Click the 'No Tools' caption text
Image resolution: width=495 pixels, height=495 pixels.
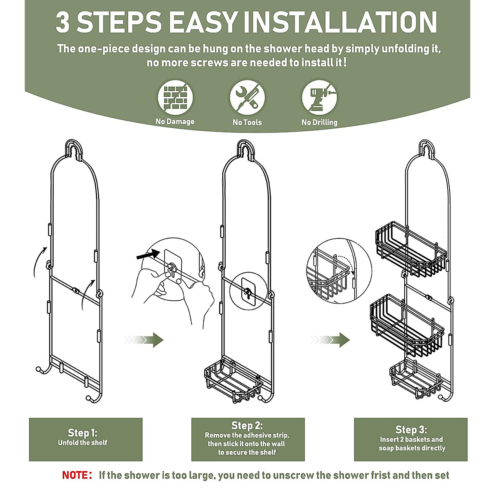[x=247, y=122]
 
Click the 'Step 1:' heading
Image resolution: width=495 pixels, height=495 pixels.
[x=82, y=433]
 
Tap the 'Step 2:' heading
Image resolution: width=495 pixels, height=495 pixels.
[x=247, y=426]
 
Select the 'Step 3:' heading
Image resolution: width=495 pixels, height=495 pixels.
[x=411, y=430]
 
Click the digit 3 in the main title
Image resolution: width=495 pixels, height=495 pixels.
[x=63, y=22]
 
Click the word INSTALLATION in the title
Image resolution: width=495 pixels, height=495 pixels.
[x=340, y=22]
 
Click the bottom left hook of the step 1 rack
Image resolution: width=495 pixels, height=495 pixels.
[x=41, y=369]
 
